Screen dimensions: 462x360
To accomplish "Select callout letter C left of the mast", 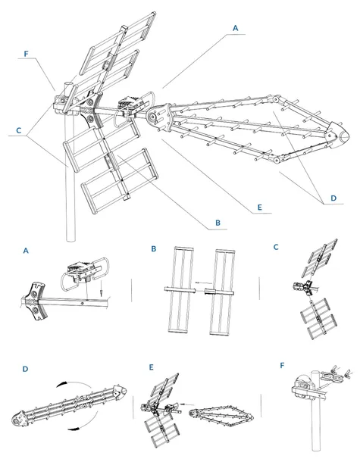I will pos(18,130).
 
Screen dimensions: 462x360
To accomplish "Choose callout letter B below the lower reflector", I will pos(218,223).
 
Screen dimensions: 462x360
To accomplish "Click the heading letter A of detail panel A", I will pos(26,249).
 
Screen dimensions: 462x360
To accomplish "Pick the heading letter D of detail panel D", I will pos(26,369).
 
